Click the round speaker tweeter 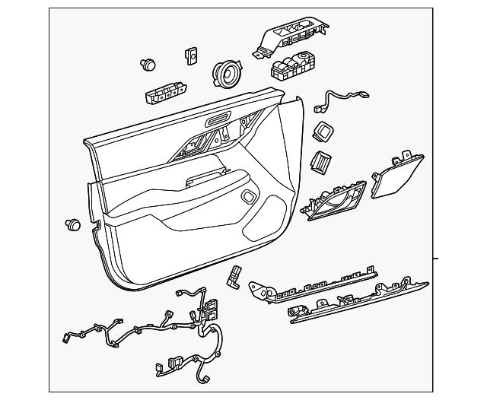[x=225, y=73]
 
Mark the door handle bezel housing [x=335, y=202]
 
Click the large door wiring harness [x=167, y=327]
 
